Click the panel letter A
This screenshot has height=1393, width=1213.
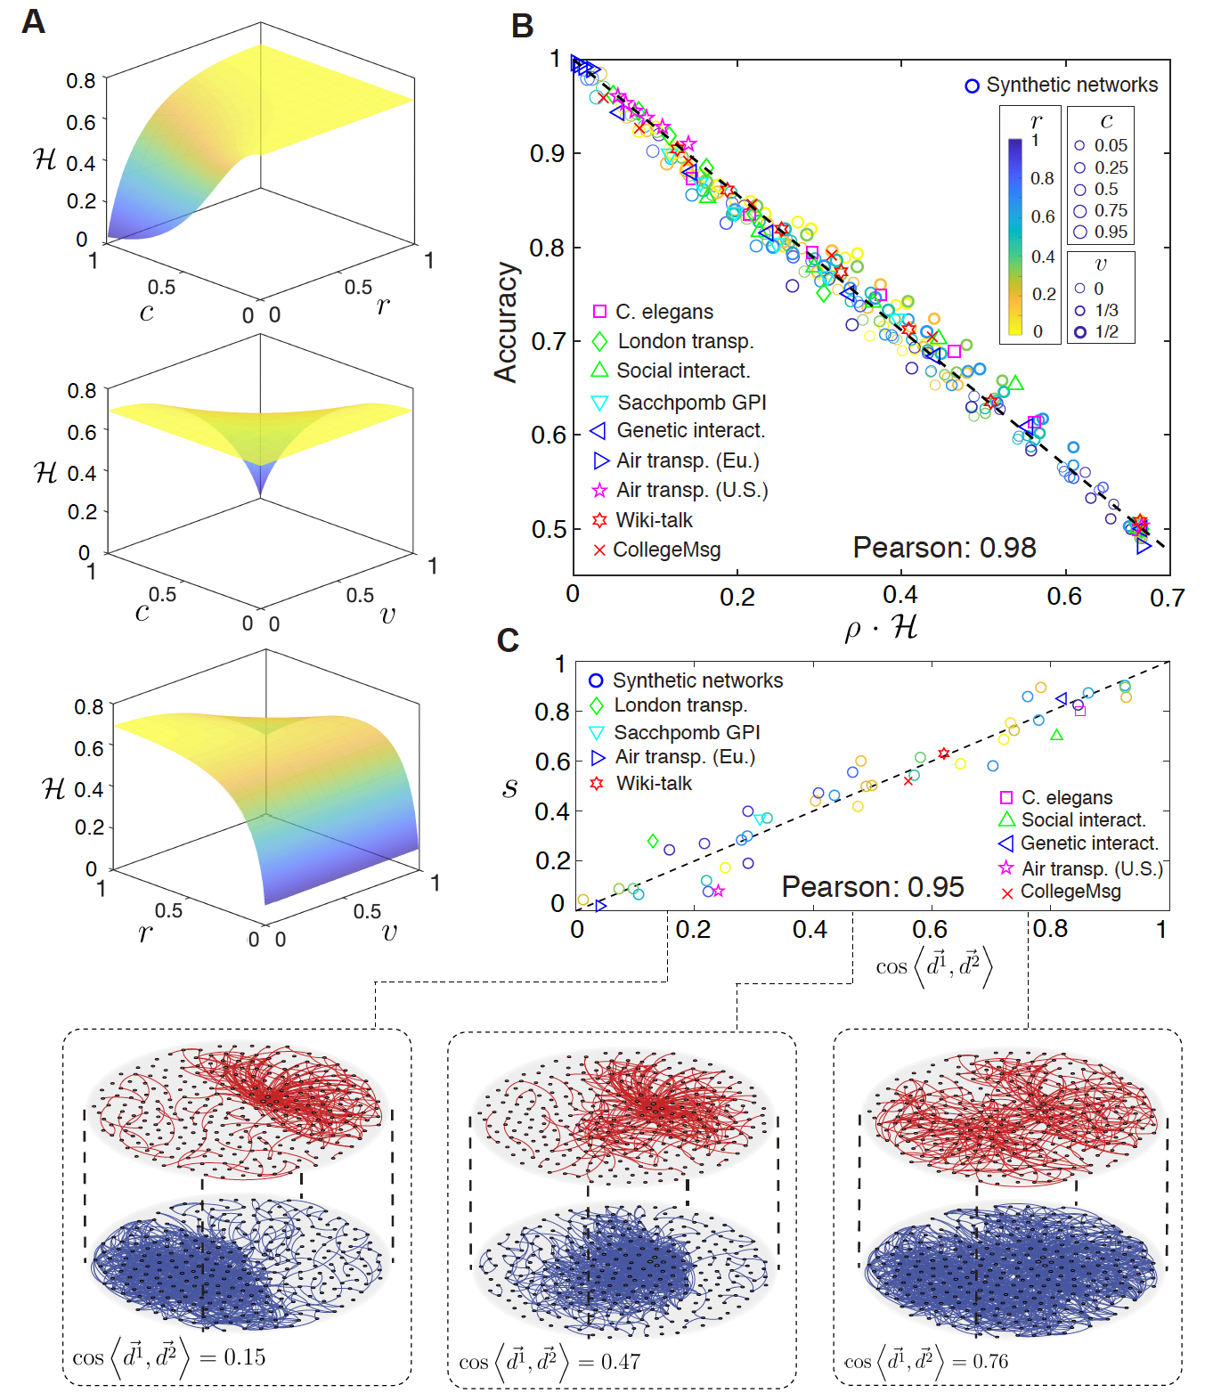[34, 20]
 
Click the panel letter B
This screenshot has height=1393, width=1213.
[522, 26]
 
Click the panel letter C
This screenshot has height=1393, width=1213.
[508, 639]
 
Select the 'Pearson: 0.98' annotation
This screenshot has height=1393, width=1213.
[944, 547]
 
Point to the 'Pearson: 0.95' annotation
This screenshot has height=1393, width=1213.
[872, 886]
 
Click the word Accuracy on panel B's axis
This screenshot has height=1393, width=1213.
[506, 322]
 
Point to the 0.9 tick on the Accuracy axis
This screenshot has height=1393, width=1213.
[548, 153]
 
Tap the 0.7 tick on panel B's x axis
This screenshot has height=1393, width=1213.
[1167, 597]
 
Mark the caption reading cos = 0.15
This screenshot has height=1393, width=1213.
[169, 1357]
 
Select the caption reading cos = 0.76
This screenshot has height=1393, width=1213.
[926, 1361]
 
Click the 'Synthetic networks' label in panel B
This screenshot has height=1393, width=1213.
[1071, 85]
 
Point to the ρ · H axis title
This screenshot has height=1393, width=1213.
[881, 628]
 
